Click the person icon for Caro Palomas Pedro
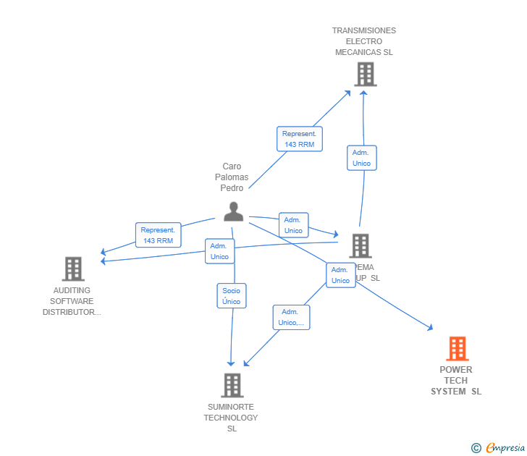coord(233,211)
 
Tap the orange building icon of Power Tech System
coord(457,349)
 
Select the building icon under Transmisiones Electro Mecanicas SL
coord(366,74)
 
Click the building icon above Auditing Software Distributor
coord(73,269)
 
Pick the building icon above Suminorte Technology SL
coord(232,385)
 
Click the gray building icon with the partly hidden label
coord(360,246)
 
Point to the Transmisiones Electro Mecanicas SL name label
coord(364,41)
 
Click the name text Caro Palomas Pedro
coord(232,177)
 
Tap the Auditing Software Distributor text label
coord(72,301)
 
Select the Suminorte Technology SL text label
coord(231,418)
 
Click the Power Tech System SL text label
coord(456,381)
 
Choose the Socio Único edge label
coord(232,296)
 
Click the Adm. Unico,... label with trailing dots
coord(291,317)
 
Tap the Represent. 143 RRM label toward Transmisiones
coord(299,139)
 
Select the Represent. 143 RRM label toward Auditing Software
coord(158,235)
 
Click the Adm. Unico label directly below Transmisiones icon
coord(361,158)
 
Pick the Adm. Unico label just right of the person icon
coord(293,225)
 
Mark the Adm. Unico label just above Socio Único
coord(219,251)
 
